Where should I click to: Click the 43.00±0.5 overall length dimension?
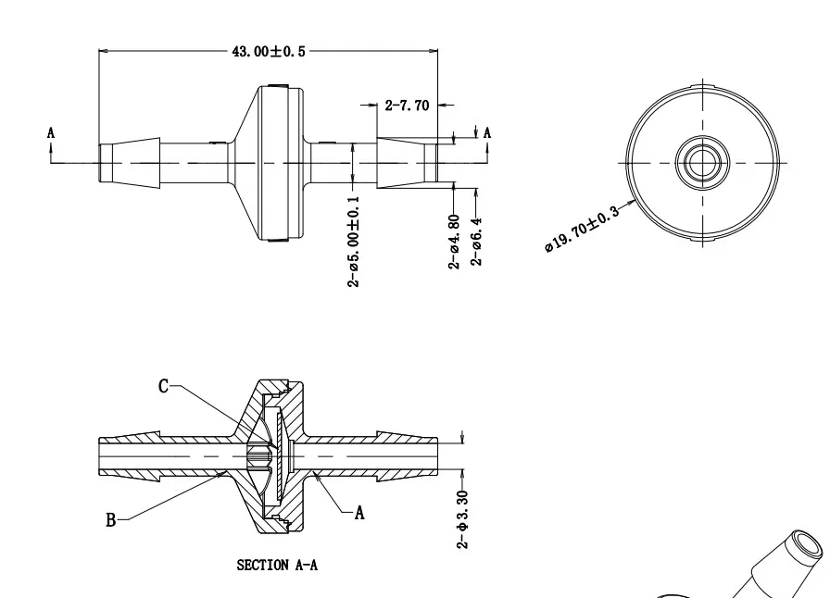[x=268, y=51]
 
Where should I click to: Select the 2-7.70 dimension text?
[x=407, y=106]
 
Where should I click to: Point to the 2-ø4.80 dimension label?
[x=454, y=242]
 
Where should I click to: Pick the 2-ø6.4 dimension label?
[x=476, y=242]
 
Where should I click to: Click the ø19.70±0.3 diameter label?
[x=582, y=230]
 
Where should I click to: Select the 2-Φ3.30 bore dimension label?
[x=463, y=519]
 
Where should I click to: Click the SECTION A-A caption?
[x=277, y=565]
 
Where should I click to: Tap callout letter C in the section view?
[x=163, y=386]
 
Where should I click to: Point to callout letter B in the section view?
[x=110, y=520]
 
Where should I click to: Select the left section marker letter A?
[x=51, y=133]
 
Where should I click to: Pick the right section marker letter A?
[x=487, y=133]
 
